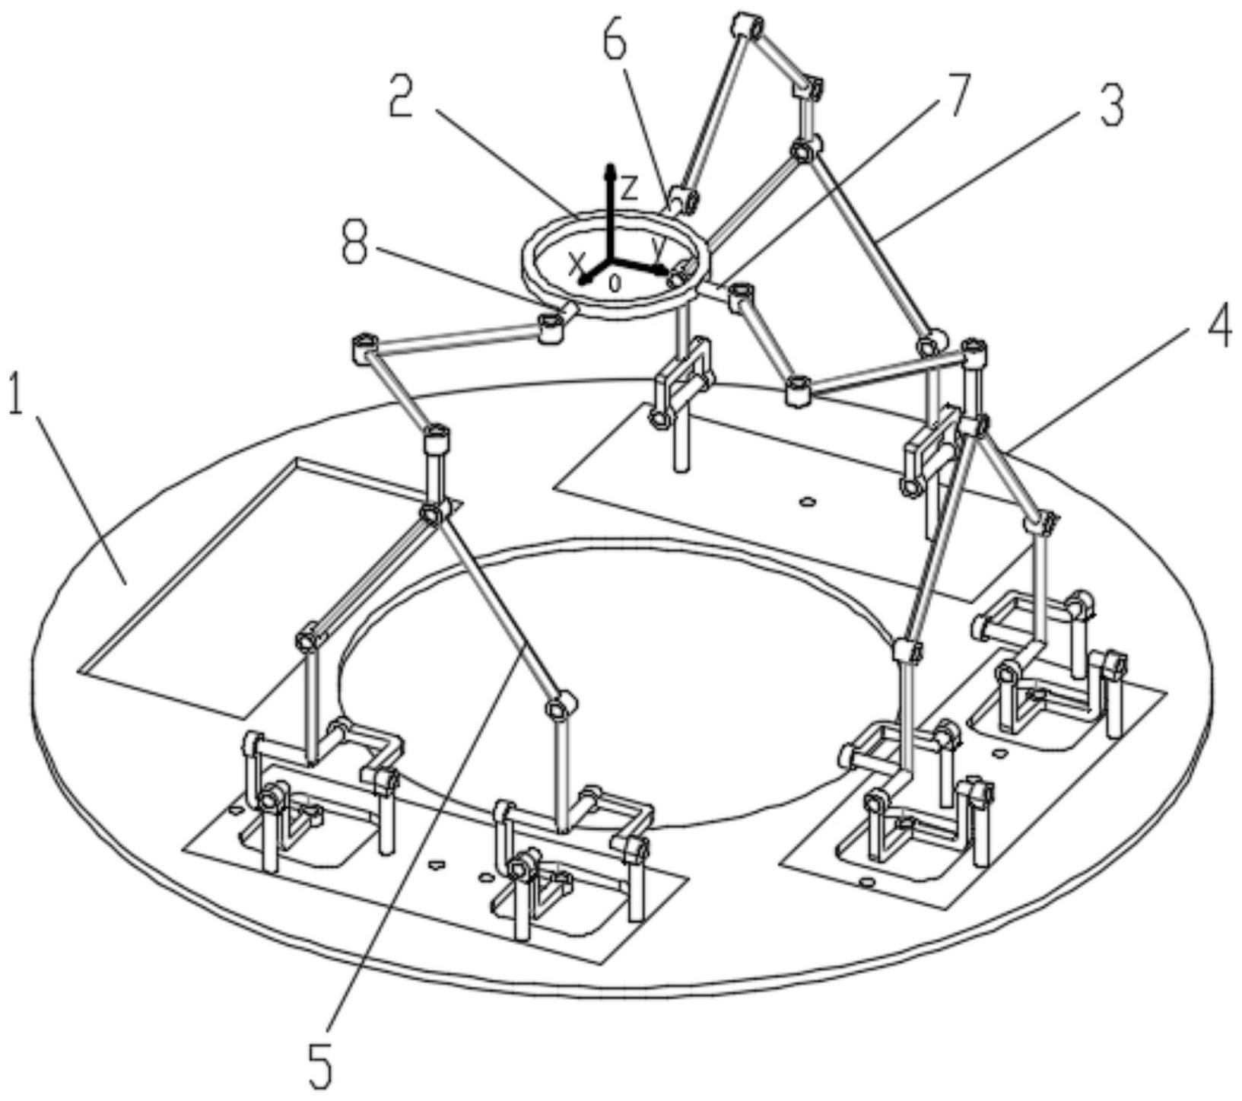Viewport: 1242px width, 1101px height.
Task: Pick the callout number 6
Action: [x=616, y=46]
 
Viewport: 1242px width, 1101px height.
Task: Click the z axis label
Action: [x=629, y=184]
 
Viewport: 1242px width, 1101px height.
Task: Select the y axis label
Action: [x=659, y=244]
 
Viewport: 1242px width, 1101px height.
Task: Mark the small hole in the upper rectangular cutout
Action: [x=808, y=501]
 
